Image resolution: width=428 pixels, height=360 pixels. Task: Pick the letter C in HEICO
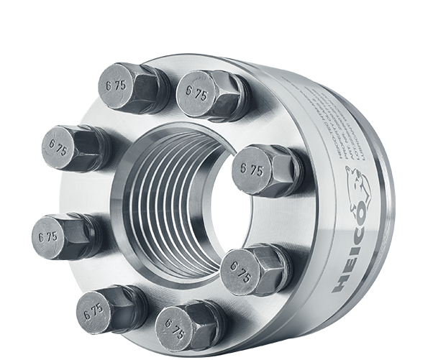tap(360, 234)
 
